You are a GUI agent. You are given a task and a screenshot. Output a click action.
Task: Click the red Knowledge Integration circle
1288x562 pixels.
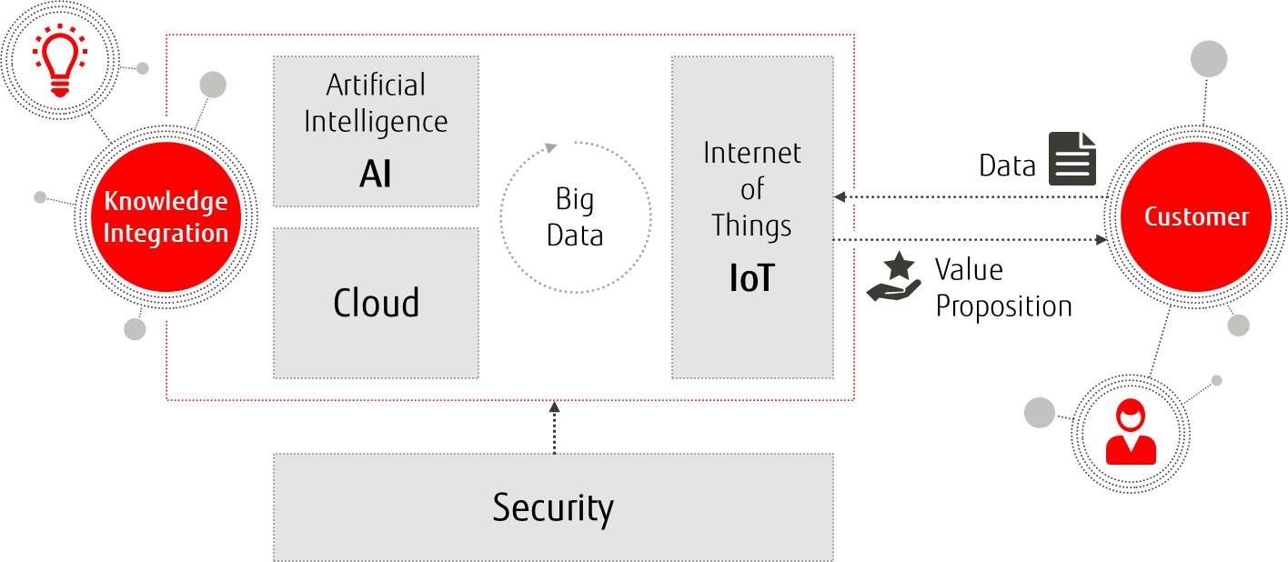(166, 216)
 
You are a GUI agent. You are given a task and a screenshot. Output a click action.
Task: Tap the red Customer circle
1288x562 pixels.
(1195, 216)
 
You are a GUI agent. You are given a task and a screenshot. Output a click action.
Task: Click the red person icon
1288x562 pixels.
(1130, 435)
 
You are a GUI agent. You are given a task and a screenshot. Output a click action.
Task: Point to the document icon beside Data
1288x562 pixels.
(1072, 158)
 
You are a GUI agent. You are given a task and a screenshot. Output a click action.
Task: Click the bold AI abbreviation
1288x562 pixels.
(375, 172)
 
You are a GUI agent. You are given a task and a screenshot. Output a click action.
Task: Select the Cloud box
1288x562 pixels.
(376, 302)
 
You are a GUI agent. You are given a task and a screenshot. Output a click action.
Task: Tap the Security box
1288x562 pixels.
(553, 507)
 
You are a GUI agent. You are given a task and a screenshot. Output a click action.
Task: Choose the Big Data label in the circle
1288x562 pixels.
(575, 218)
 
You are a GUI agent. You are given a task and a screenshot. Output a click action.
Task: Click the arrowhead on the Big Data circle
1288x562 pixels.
(548, 147)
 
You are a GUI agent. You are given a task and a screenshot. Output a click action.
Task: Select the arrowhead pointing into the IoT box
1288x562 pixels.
(840, 196)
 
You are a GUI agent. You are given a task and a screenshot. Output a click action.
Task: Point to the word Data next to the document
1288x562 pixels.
(1006, 166)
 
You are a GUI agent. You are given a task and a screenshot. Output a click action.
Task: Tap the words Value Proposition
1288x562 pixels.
(1002, 287)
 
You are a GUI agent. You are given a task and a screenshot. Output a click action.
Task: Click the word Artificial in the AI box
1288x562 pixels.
(376, 85)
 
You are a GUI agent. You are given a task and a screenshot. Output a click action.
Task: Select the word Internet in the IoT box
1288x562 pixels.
(751, 153)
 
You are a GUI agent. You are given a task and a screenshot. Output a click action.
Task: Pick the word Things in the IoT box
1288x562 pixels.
(751, 224)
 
